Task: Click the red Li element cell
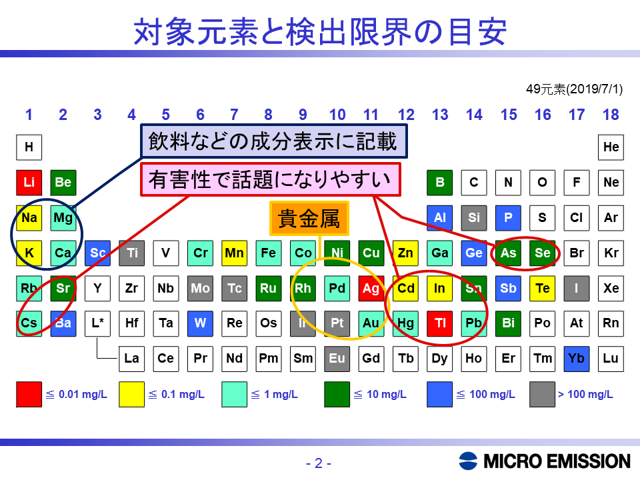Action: tap(29, 183)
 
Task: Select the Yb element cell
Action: tap(576, 359)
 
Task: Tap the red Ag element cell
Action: tap(371, 289)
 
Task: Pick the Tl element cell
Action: tap(439, 324)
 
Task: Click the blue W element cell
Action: tap(200, 324)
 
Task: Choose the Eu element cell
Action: tap(337, 359)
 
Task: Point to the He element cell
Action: tap(611, 147)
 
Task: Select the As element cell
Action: tap(508, 253)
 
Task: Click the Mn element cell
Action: tap(234, 253)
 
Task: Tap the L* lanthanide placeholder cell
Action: tap(97, 324)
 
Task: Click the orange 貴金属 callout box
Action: tap(309, 219)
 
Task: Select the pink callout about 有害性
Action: tap(271, 179)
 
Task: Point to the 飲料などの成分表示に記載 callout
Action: tap(274, 141)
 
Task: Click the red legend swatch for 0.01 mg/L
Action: tap(29, 394)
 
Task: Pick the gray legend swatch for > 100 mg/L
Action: tap(543, 394)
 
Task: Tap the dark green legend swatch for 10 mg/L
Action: tap(337, 394)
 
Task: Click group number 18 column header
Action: tap(611, 115)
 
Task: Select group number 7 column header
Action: tap(234, 115)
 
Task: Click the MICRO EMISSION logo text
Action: tap(557, 461)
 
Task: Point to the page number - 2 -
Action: tap(319, 463)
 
